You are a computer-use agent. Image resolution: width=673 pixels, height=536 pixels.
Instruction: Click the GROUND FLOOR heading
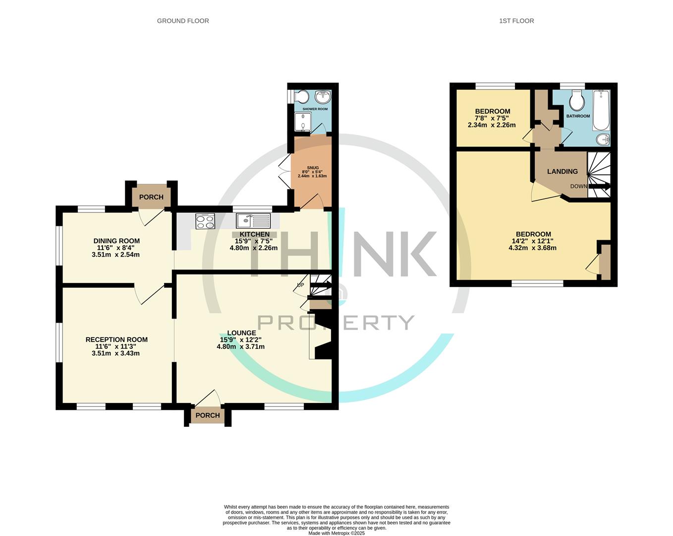point(183,21)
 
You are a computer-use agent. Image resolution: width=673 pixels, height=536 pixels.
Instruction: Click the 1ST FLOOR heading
point(516,21)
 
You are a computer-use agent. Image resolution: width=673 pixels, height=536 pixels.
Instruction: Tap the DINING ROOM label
point(116,241)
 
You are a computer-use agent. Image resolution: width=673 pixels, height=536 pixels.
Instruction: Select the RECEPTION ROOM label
point(116,340)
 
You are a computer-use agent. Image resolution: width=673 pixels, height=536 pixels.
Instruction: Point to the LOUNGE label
point(241,333)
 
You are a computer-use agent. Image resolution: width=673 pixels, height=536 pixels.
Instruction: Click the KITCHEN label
point(255,234)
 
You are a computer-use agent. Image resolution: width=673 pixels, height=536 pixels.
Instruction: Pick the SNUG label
point(312,168)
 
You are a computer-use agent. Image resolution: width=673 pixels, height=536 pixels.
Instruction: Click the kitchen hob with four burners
point(205,221)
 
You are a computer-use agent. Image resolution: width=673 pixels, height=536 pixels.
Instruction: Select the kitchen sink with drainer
point(253,220)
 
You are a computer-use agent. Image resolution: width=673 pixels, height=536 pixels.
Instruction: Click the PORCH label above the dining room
point(151,197)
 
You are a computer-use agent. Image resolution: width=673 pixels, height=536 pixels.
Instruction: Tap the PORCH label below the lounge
point(208,415)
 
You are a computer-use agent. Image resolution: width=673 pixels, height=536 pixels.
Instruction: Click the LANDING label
point(562,172)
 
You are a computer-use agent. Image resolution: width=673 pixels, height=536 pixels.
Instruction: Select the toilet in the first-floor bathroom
point(576,101)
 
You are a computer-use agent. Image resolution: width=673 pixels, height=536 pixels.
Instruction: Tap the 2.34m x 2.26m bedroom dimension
point(492,125)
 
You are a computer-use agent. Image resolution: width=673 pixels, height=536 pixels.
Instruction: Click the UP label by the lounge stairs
point(300,285)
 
